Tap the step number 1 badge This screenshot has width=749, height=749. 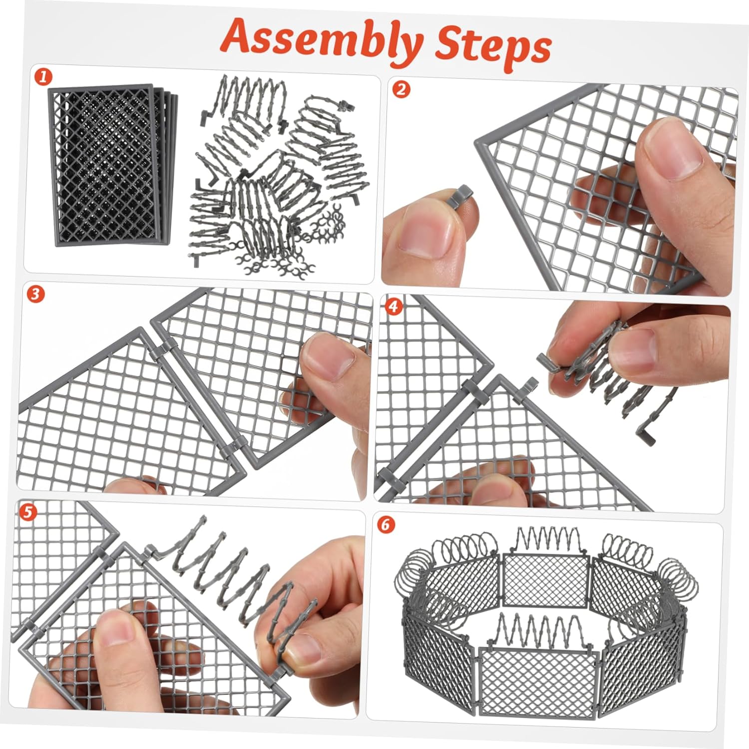tap(43, 77)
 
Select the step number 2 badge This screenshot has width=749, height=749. tap(400, 90)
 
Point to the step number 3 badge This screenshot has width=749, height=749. tap(35, 295)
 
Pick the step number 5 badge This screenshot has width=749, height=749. tap(29, 511)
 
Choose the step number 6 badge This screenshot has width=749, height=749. tap(385, 525)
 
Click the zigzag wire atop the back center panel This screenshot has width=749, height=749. tap(546, 539)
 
